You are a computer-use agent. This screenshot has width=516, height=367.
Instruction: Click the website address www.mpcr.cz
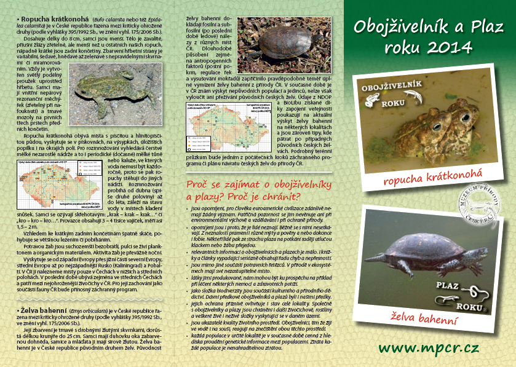pyautogui.click(x=428, y=348)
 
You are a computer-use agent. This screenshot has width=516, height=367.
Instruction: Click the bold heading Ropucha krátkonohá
pyautogui.click(x=47, y=20)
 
